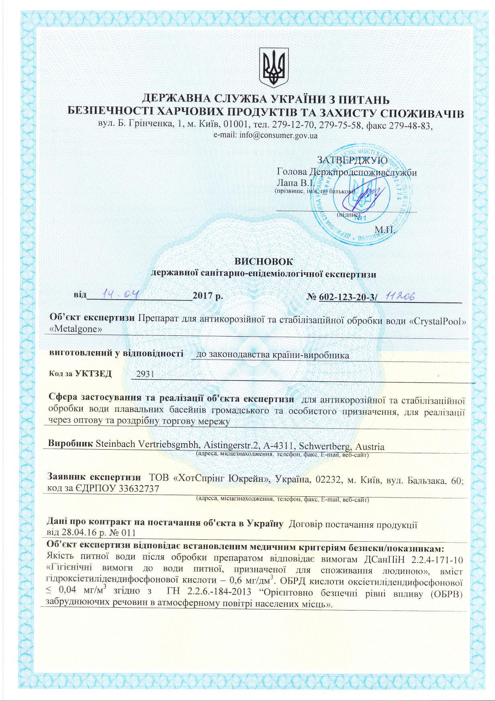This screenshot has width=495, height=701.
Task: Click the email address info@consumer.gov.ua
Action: coord(278,136)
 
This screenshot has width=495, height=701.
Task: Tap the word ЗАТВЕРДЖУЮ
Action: coord(352,160)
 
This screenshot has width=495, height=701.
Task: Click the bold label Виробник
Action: coord(71,446)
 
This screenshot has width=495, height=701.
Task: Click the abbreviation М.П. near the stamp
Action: coord(385,230)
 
